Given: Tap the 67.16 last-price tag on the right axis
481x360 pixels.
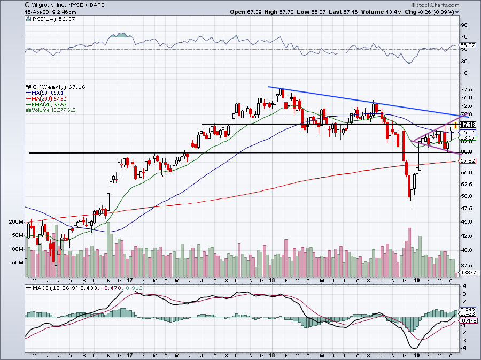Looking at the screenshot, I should pyautogui.click(x=468, y=125).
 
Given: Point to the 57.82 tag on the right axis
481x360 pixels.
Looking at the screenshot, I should pyautogui.click(x=468, y=160).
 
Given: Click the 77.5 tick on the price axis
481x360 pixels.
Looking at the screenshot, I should pyautogui.click(x=467, y=89).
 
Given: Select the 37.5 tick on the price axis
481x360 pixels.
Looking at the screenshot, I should pyautogui.click(x=467, y=265).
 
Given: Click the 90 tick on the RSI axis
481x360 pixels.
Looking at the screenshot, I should pyautogui.click(x=464, y=25).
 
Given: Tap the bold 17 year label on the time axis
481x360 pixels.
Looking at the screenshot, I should pyautogui.click(x=129, y=280).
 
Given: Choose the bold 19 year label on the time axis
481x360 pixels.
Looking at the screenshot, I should pyautogui.click(x=418, y=280).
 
